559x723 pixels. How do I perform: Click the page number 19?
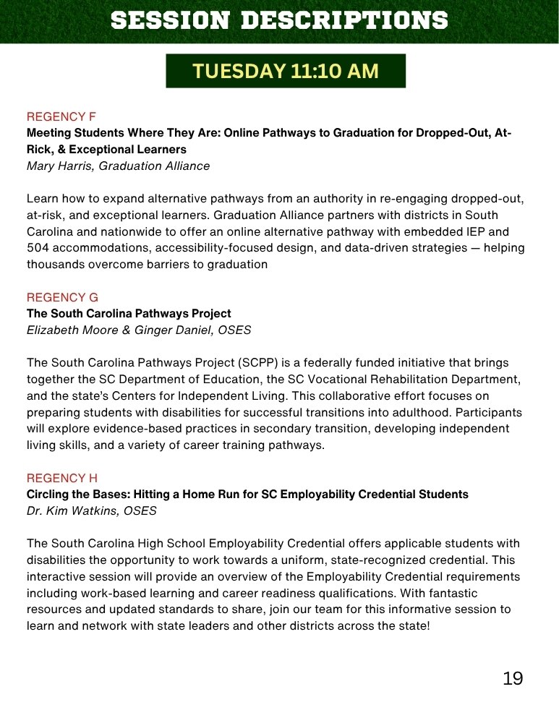[513, 678]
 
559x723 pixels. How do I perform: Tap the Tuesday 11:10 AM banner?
[286, 71]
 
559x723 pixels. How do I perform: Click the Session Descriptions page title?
[279, 20]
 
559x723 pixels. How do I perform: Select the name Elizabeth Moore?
[69, 330]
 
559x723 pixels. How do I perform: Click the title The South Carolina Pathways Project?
[129, 314]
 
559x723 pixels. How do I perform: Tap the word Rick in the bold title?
[39, 149]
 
